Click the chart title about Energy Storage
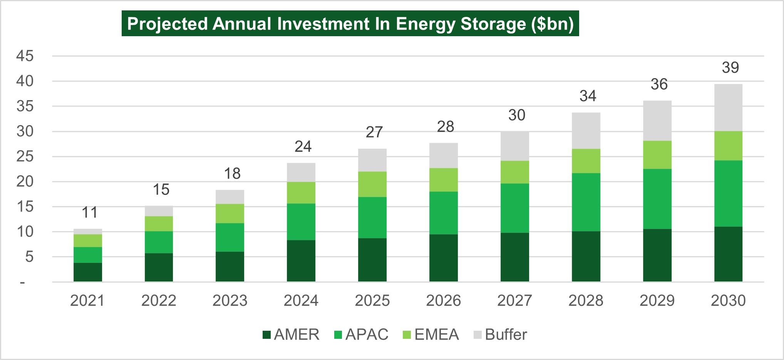(x=350, y=24)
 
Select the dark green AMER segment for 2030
(x=728, y=254)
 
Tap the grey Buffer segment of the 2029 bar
(x=657, y=121)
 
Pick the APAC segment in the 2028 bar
(x=586, y=202)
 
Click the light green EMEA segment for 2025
(x=372, y=184)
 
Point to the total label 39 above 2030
(x=730, y=68)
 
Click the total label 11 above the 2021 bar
(x=90, y=213)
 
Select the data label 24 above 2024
(x=303, y=147)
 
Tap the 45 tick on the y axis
(x=25, y=56)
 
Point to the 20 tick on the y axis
(x=25, y=181)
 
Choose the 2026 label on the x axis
(x=443, y=301)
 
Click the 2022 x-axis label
(x=159, y=301)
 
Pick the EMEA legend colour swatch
(x=407, y=335)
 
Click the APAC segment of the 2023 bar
(x=230, y=237)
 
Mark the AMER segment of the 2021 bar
(x=88, y=272)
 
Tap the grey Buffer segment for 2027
(x=514, y=146)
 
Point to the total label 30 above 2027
(x=516, y=115)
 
